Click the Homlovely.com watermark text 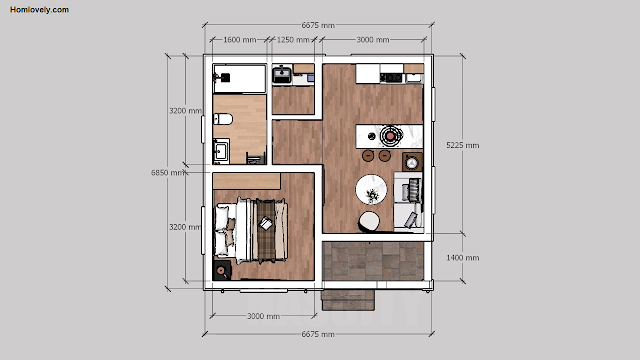click(40, 10)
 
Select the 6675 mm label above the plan click(318, 25)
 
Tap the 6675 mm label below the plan click(318, 334)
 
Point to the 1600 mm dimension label click(240, 40)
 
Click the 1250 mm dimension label click(293, 40)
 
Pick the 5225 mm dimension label click(462, 145)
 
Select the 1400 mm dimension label click(462, 258)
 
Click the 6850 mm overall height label click(167, 173)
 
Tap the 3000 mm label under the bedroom click(263, 316)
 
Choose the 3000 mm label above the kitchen click(373, 40)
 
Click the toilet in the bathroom click(223, 119)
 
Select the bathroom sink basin click(221, 151)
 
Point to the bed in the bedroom click(251, 231)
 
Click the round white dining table click(371, 190)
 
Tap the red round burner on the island click(391, 136)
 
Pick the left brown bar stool click(368, 156)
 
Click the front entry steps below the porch click(348, 300)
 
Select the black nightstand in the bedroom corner click(222, 270)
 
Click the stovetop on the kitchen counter click(391, 77)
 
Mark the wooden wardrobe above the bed click(247, 181)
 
